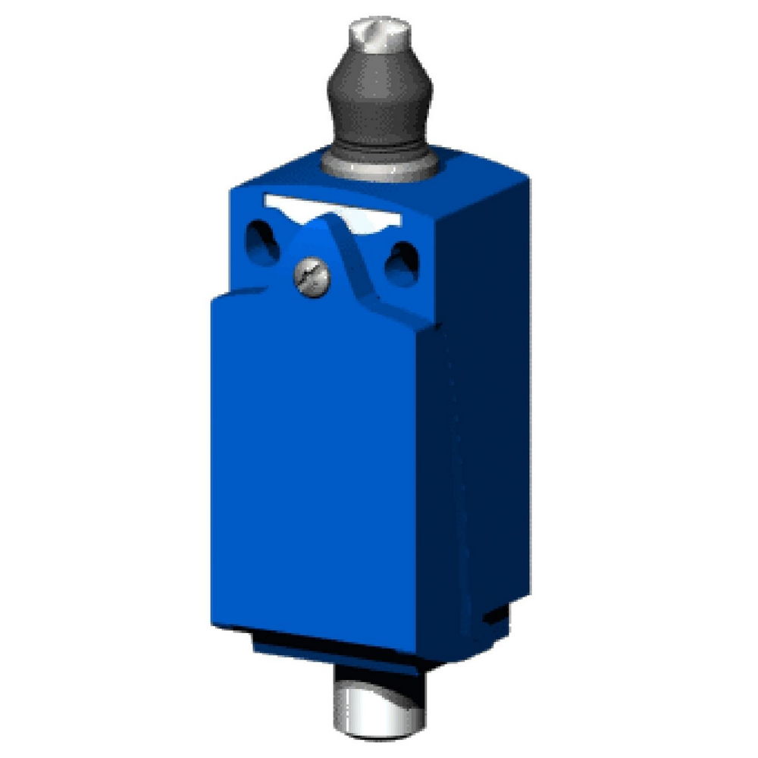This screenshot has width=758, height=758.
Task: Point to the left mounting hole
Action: click(x=262, y=242)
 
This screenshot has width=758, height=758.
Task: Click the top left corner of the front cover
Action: click(x=215, y=299)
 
